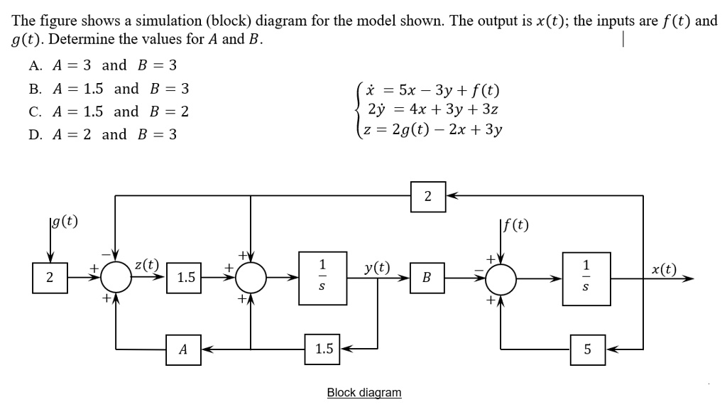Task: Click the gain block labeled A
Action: (183, 349)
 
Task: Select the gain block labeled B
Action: (426, 277)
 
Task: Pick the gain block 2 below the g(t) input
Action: (50, 277)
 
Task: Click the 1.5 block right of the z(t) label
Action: (186, 277)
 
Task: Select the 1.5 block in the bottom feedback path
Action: (323, 349)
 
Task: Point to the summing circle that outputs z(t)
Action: (116, 277)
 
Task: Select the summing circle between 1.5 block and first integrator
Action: (251, 277)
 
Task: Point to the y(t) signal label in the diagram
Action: (376, 268)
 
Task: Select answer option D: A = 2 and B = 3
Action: (103, 134)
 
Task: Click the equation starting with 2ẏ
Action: (432, 110)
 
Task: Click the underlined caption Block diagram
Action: (363, 392)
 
